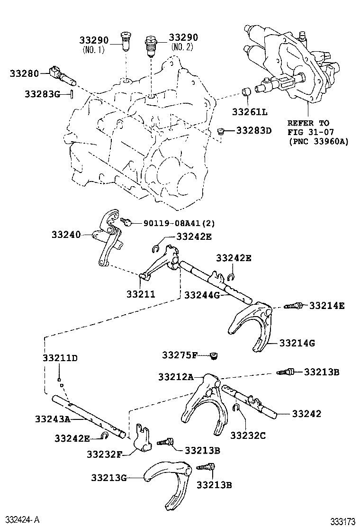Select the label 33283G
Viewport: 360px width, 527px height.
42,94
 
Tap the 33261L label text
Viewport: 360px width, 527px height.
250,112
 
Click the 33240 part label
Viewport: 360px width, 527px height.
66,235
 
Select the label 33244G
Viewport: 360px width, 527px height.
202,295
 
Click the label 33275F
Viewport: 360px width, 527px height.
180,355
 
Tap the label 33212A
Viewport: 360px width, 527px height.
176,377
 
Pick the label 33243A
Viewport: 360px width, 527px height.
52,418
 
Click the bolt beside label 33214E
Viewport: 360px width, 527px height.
292,307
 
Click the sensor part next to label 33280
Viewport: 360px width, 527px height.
61,74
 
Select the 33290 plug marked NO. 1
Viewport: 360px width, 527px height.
126,42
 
